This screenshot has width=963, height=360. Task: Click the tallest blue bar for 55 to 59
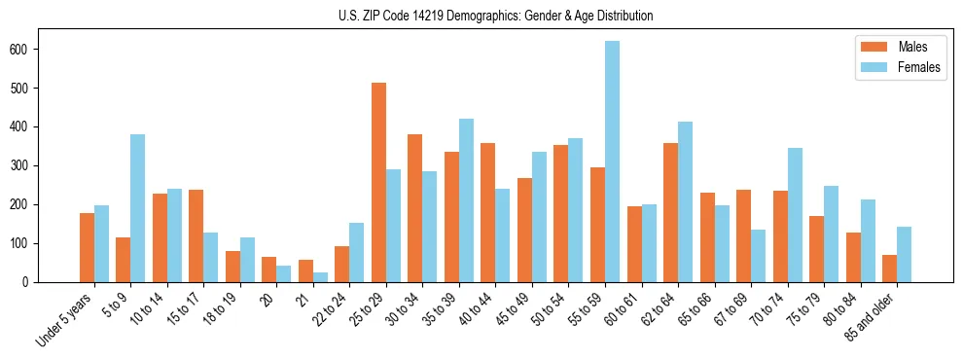coord(612,162)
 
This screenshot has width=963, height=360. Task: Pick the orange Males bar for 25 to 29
coord(378,183)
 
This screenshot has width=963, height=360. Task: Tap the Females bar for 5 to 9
coord(137,208)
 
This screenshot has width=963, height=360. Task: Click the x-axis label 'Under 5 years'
coord(65,320)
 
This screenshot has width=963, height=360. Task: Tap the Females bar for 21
coord(320,277)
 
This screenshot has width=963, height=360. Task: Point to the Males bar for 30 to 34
coord(414,208)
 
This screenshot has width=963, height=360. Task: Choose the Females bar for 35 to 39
coord(466,200)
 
